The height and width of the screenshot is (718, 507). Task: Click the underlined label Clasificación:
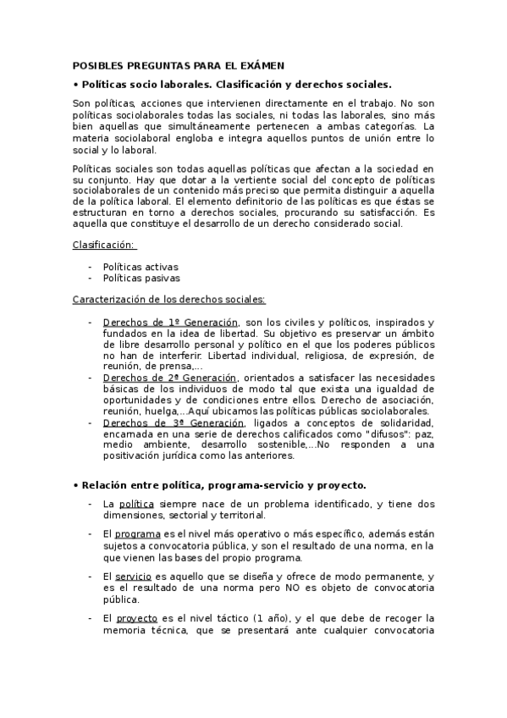tap(103, 245)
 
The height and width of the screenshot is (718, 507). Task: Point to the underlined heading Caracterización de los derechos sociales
tap(169, 300)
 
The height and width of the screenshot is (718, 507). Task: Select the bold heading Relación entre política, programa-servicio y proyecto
tap(220, 484)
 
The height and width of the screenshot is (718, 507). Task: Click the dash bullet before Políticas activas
tap(91, 267)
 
